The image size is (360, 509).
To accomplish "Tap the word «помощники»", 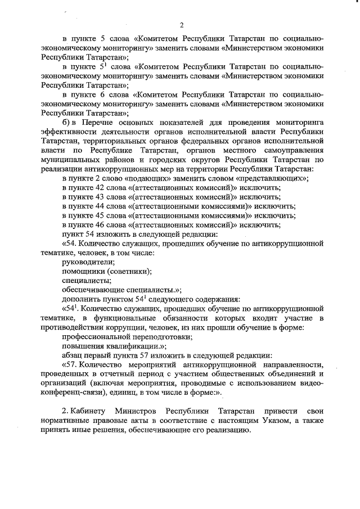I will pyautogui.click(x=83, y=271).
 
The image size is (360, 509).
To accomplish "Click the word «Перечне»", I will pyautogui.click(x=101, y=123).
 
